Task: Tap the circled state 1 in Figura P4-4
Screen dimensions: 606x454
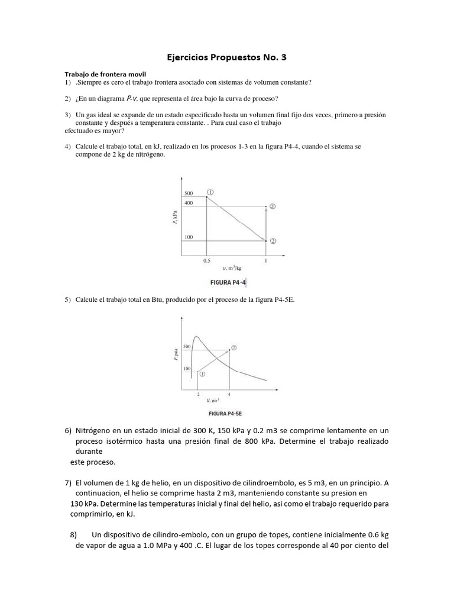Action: point(210,192)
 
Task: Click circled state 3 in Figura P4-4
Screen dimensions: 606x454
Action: point(273,206)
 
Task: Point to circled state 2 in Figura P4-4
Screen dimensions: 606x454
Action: point(273,241)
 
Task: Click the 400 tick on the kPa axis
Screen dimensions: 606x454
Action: point(189,202)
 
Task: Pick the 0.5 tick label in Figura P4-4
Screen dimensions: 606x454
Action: point(206,260)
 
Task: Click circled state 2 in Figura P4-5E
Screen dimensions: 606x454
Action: point(234,347)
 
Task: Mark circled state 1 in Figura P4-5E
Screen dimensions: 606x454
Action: point(202,374)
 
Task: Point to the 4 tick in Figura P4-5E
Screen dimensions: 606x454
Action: point(229,393)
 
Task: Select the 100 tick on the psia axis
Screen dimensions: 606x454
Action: point(187,369)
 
